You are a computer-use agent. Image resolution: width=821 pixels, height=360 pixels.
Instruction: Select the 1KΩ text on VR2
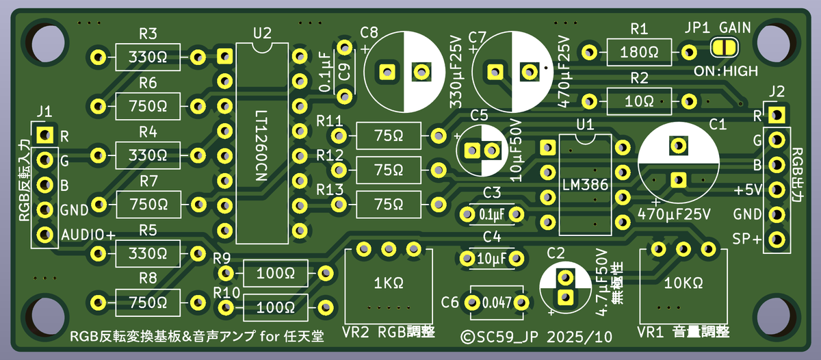click(389, 282)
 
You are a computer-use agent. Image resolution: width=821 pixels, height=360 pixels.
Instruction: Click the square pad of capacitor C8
click(387, 71)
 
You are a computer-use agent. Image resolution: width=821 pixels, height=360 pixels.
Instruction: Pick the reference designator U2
click(261, 32)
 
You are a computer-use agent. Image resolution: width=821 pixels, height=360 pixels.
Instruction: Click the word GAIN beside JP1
click(734, 28)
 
